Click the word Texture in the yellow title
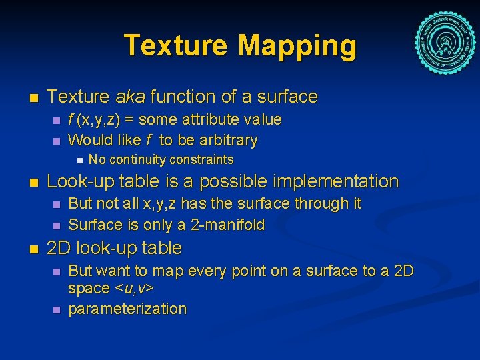pyautogui.click(x=176, y=46)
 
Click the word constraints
pyautogui.click(x=203, y=159)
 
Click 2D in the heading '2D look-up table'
pyautogui.click(x=59, y=248)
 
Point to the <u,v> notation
pyautogui.click(x=135, y=289)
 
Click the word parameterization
pyautogui.click(x=127, y=309)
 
